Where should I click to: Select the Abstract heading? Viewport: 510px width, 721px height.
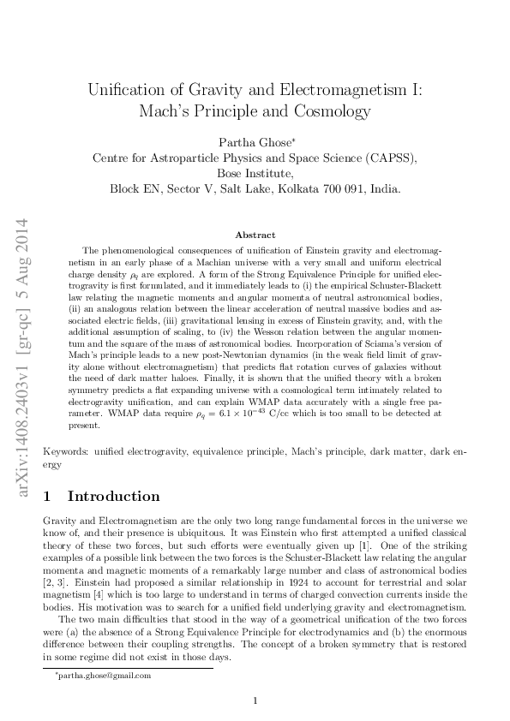coord(255,235)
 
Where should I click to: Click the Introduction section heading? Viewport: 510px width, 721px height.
coord(113,496)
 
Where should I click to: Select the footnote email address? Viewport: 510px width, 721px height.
coord(104,675)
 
